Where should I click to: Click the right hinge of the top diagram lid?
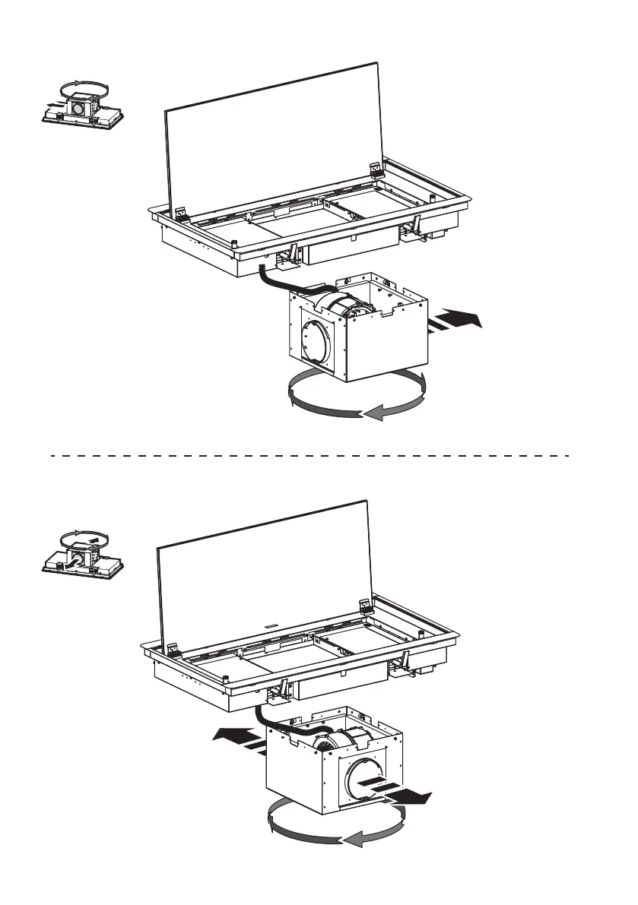[376, 171]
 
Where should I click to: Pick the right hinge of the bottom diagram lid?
[365, 606]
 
